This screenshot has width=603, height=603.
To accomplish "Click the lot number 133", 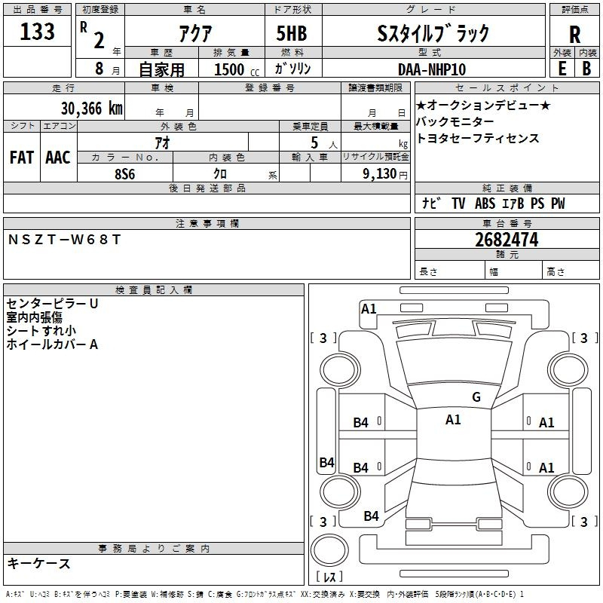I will (x=38, y=32).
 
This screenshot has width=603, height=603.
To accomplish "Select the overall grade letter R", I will (x=574, y=35).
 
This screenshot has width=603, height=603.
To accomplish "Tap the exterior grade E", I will (x=562, y=68).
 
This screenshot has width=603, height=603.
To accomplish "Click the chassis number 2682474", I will (x=507, y=240).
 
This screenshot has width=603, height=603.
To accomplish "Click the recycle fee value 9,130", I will (x=384, y=173).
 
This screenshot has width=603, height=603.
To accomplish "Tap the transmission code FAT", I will (x=22, y=158).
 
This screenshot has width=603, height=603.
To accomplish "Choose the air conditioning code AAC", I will (x=58, y=158).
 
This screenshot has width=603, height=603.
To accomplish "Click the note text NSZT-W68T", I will (x=64, y=240).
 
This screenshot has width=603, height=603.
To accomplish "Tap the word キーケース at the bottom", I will (x=38, y=564).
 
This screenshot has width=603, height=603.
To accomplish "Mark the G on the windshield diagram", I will (x=476, y=397).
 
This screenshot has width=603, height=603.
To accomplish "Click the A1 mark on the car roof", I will (x=453, y=420).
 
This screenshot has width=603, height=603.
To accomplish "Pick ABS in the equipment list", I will (x=485, y=204).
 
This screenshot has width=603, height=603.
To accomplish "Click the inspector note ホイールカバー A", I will (x=52, y=344).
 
